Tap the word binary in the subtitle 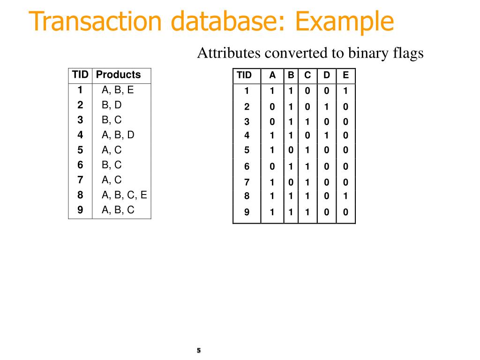click(366, 53)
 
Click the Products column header click(118, 75)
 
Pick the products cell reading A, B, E click(118, 90)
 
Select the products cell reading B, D click(112, 105)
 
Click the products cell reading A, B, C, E click(124, 195)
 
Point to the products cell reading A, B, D click(118, 135)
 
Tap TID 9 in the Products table click(81, 210)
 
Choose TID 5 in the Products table click(81, 150)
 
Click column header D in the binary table click(327, 75)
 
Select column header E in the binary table click(346, 75)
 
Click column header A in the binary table click(272, 75)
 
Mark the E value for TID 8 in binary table click(346, 196)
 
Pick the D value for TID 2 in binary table click(327, 107)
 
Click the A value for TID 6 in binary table click(272, 166)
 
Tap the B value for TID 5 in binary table click(291, 150)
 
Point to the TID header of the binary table click(244, 75)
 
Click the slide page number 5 click(199, 350)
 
